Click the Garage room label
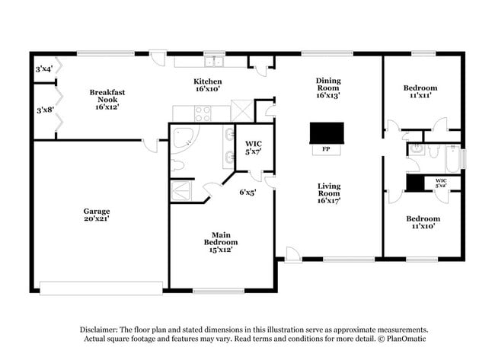[x=97, y=215]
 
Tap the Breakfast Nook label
[x=107, y=100]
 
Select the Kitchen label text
[x=207, y=84]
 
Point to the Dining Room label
[x=328, y=88]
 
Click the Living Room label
[x=328, y=193]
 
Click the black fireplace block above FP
[x=327, y=133]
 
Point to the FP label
[x=326, y=150]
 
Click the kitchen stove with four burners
[x=203, y=113]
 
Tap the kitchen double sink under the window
[x=209, y=62]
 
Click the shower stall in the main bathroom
[x=182, y=191]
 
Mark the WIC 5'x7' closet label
[x=253, y=148]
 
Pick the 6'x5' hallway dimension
[x=247, y=193]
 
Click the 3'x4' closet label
[x=43, y=69]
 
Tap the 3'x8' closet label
[x=43, y=110]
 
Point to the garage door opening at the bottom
[x=101, y=288]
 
